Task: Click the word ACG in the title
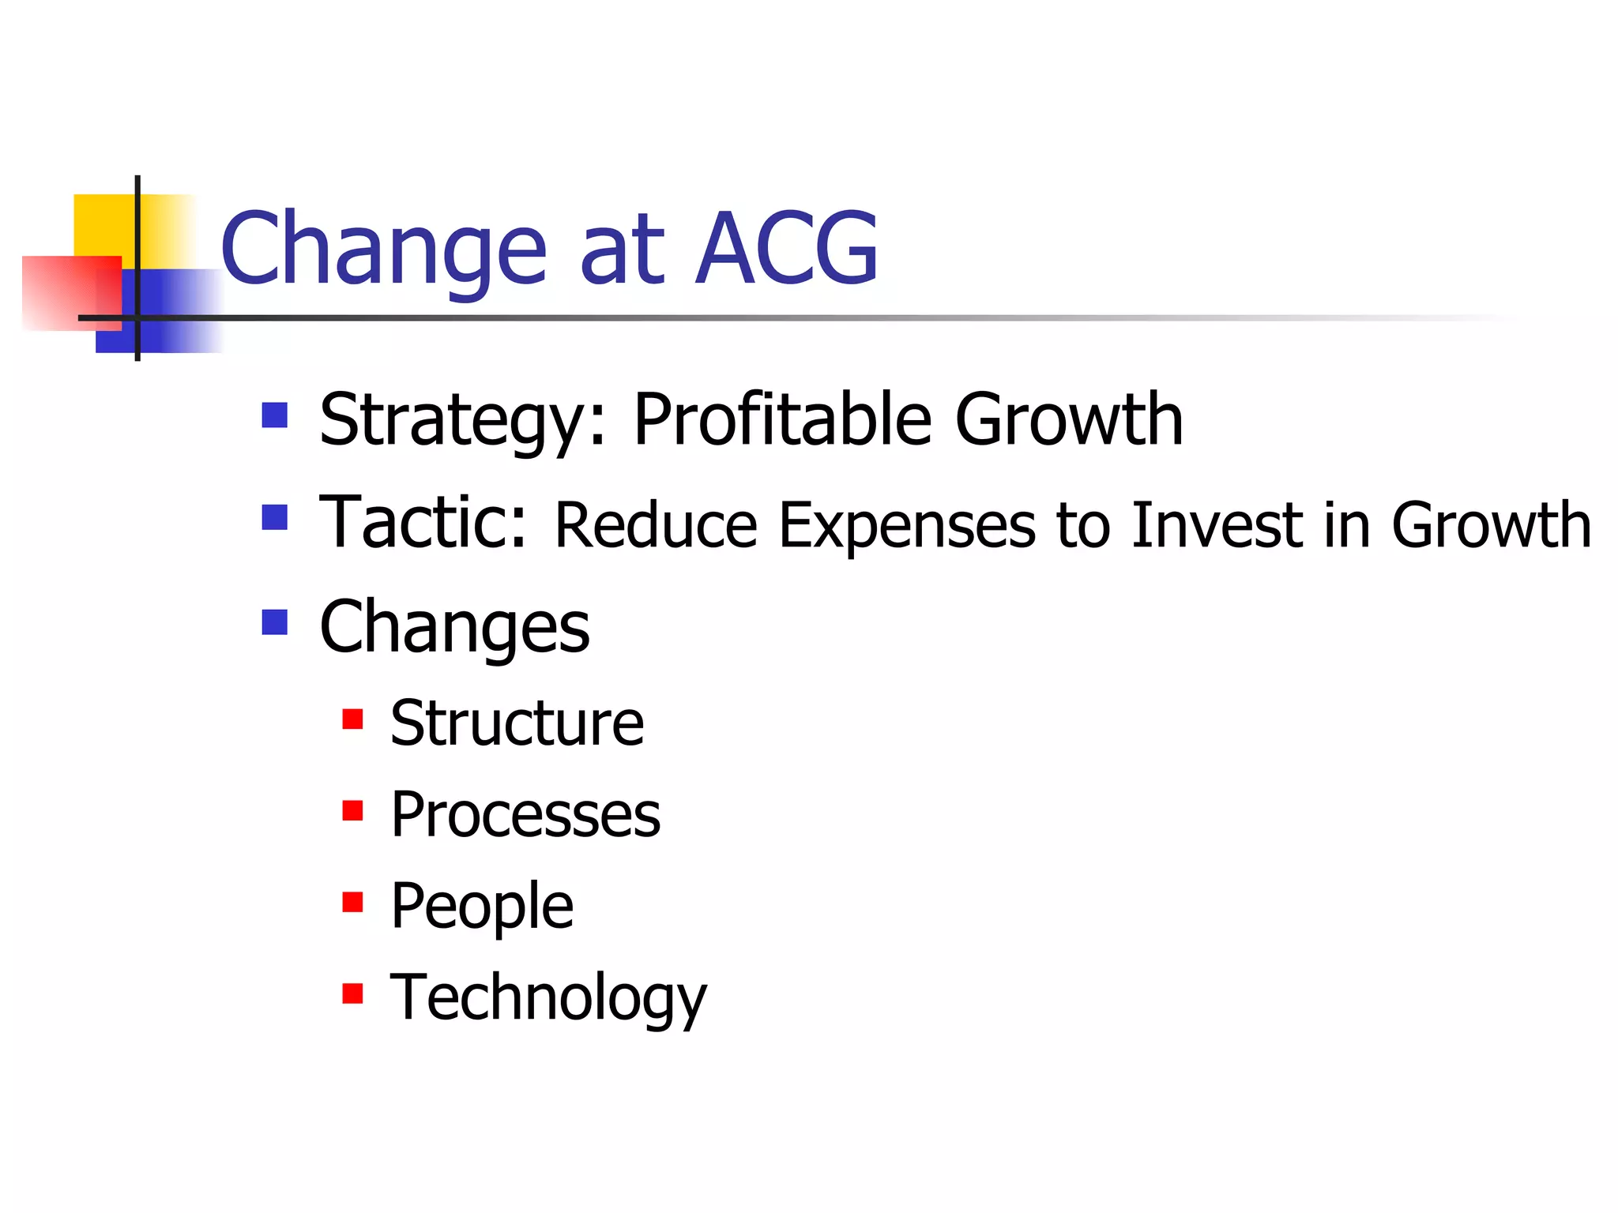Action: tap(786, 249)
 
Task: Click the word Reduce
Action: tap(656, 525)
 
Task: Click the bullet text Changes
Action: tap(454, 628)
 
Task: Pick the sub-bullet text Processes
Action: tap(525, 815)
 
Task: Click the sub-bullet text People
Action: tap(482, 907)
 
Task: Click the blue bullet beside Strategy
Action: tap(274, 415)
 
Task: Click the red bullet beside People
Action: tap(352, 901)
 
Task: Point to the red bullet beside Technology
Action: tap(352, 993)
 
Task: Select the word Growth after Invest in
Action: tap(1491, 525)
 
